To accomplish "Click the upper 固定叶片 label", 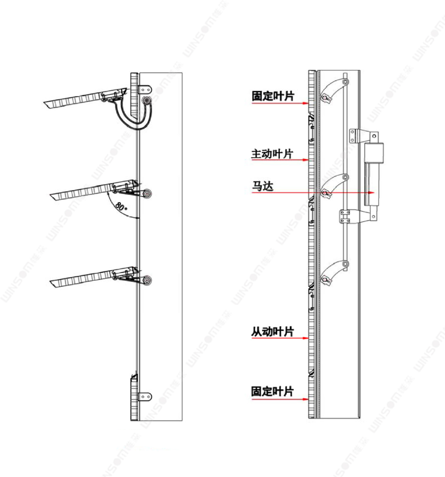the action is (x=273, y=96).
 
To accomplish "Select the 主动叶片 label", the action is (x=272, y=154).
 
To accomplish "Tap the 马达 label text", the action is (x=263, y=186).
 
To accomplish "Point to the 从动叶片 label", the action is (x=273, y=332).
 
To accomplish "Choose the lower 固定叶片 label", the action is (x=272, y=391).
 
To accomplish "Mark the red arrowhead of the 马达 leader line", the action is (x=371, y=193).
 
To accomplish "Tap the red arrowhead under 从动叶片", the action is (x=305, y=338).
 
